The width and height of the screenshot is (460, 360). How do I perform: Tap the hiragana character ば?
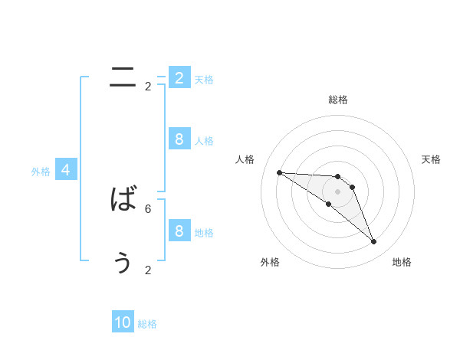point(123,200)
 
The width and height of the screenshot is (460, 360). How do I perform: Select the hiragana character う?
point(123,262)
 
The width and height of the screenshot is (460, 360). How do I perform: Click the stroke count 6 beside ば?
point(148,208)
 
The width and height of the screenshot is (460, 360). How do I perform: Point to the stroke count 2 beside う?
point(148,270)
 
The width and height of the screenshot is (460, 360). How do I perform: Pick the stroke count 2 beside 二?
point(148,87)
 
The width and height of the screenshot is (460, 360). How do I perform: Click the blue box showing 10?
point(123,323)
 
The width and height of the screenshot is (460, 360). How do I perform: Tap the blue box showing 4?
point(66,171)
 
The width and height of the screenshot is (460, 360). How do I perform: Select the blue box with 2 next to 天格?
point(179,78)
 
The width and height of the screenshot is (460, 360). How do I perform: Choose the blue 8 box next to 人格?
point(179,139)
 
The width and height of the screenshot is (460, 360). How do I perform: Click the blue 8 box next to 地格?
point(179,231)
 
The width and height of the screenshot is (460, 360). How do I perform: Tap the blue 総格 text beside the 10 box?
point(147,324)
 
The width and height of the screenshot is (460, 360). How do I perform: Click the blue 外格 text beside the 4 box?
point(41,172)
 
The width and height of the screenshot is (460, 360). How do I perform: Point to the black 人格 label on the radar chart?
point(245,159)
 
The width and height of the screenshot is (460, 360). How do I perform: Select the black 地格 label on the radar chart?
point(402,262)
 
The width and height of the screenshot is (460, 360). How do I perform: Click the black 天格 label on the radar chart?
point(431,159)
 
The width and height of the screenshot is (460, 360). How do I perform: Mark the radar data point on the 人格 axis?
point(279,172)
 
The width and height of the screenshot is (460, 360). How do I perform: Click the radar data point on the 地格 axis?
point(373,242)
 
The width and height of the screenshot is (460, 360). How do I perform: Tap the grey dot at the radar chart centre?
point(337,191)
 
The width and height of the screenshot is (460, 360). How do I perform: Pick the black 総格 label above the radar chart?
point(337,100)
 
